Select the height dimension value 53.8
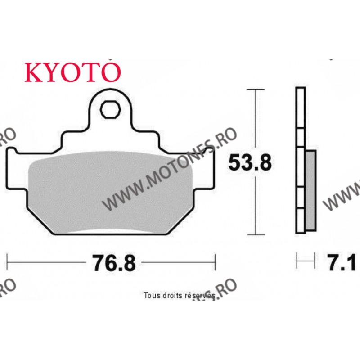[250, 163]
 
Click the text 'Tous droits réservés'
[179, 296]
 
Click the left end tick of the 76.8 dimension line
[8, 262]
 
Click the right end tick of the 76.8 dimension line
[216, 262]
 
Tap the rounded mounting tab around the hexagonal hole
[110, 97]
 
